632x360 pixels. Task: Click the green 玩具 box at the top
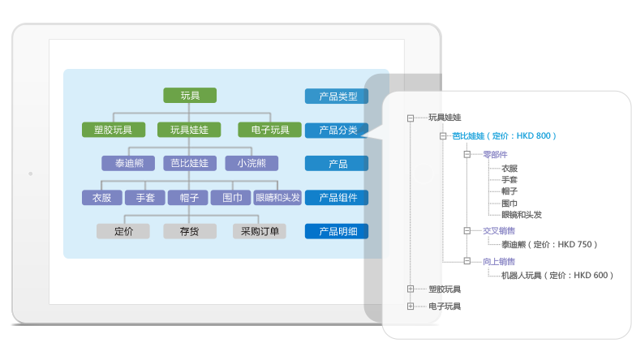190,96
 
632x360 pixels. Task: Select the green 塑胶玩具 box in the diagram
114,130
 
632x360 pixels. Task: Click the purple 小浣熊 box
252,163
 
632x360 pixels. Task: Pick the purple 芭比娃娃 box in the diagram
189,163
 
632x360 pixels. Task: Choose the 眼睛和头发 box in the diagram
277,197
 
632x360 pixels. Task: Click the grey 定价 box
123,231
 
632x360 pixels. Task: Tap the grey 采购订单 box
260,231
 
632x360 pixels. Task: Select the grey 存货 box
190,231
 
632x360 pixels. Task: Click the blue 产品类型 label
337,96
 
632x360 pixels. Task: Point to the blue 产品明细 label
337,231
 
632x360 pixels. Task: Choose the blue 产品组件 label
337,197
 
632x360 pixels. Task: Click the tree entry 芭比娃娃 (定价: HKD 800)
504,136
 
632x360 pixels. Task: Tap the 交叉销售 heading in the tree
498,230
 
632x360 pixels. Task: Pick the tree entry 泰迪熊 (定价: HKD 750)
549,244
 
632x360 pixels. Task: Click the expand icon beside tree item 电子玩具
411,306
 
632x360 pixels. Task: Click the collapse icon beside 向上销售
466,261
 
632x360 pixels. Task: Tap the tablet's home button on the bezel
30,173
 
